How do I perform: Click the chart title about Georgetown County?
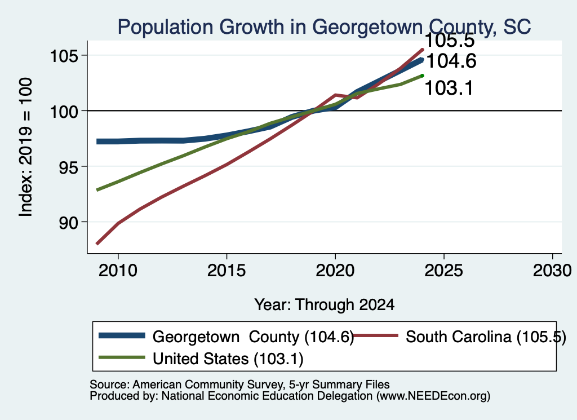(x=324, y=26)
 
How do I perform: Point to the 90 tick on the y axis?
(x=69, y=222)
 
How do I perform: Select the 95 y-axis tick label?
(x=69, y=167)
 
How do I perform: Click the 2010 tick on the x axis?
(x=118, y=271)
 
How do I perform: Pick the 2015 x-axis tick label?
(x=227, y=271)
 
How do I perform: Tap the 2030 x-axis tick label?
(x=552, y=271)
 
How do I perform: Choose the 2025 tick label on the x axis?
(x=444, y=271)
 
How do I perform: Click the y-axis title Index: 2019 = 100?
(x=26, y=147)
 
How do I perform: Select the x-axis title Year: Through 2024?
(x=324, y=305)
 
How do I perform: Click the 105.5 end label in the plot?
(x=450, y=41)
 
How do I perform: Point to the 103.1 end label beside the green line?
(x=449, y=89)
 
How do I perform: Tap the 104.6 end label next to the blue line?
(x=451, y=61)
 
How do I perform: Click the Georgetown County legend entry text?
(x=253, y=337)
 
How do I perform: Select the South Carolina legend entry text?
(x=486, y=337)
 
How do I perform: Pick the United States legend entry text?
(x=228, y=359)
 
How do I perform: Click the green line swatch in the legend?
(x=122, y=357)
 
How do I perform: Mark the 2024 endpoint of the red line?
(x=423, y=49)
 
